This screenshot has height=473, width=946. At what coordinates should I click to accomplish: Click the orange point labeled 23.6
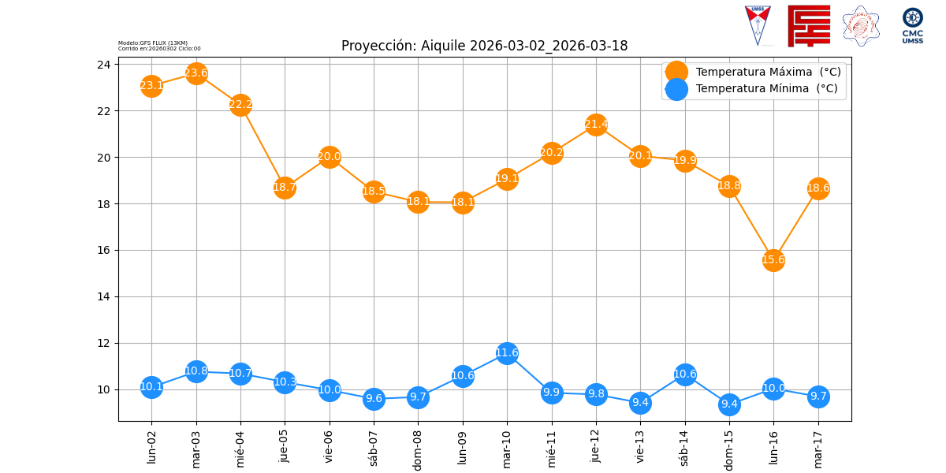coord(196,73)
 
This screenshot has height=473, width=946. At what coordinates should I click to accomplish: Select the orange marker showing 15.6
coord(773,259)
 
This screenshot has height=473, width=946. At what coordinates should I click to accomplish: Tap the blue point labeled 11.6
coord(507,352)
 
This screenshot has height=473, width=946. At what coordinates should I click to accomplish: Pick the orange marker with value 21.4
coord(596,124)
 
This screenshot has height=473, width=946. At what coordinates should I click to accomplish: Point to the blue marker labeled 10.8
coord(196,371)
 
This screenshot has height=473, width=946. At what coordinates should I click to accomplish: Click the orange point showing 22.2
coord(240,105)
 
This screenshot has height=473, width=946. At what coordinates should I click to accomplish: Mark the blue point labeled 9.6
coord(374,398)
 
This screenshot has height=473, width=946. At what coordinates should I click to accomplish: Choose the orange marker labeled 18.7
coord(285,187)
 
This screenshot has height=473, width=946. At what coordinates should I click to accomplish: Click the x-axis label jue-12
coord(596,445)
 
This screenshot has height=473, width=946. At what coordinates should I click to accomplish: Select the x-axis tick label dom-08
coord(419,449)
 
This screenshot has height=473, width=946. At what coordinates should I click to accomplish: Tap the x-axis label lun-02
coord(152,445)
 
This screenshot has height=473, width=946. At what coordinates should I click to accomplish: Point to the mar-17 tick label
coord(818,447)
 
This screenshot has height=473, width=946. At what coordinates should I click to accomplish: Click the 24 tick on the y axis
coord(103,65)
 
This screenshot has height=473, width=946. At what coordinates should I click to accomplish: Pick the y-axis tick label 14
coord(103,297)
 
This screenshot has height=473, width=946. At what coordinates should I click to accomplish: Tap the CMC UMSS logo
coord(913,25)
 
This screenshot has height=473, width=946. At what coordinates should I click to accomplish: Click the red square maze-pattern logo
coord(809,25)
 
